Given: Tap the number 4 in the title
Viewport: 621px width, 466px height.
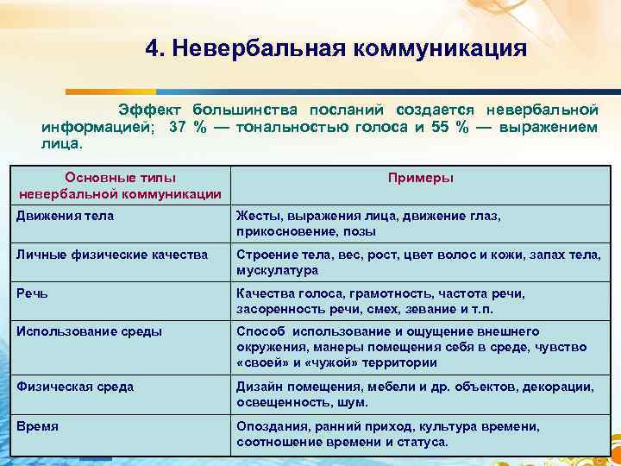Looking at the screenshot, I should pos(153,47).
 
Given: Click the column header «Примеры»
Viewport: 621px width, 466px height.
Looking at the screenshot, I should pos(421,178).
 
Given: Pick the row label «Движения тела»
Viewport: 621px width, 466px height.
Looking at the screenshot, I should pos(66,216).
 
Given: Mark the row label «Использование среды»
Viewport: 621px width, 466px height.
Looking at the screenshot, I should pos(89,331).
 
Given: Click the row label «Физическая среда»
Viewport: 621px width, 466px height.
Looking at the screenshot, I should pos(75,387).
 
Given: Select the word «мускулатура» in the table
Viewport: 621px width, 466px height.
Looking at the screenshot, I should pos(277,270).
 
